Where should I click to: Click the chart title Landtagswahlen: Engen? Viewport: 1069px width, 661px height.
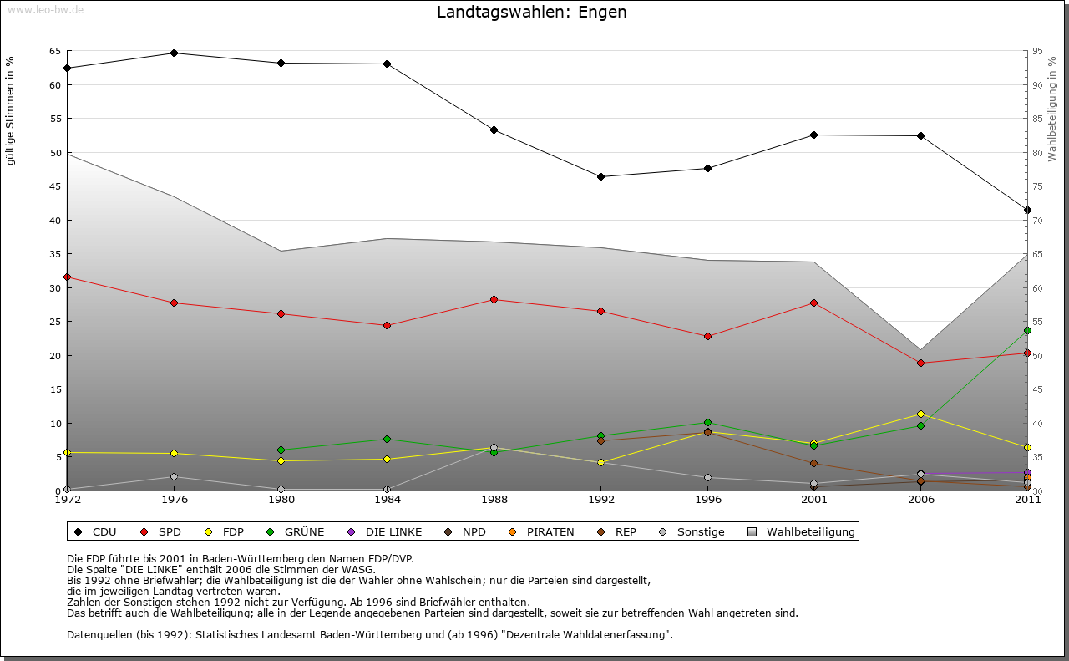point(531,13)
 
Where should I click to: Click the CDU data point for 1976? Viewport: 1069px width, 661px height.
point(174,53)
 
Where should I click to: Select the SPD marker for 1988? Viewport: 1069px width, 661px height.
point(494,299)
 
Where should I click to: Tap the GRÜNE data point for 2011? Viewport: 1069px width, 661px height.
point(1027,330)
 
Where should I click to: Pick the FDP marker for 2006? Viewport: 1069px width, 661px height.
point(920,414)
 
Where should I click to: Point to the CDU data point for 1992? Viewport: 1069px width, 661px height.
point(600,176)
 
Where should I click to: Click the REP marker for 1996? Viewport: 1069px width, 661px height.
point(707,432)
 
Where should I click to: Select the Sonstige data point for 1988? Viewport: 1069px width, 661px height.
point(494,447)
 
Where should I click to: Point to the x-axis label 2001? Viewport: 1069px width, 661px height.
point(813,500)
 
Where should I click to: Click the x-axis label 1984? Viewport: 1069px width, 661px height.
point(387,500)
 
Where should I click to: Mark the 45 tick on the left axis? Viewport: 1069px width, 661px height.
point(55,186)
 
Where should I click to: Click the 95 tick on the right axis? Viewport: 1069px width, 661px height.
point(1037,51)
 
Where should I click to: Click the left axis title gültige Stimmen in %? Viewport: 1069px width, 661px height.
point(11,110)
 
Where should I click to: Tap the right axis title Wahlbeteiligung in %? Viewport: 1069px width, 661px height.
point(1052,109)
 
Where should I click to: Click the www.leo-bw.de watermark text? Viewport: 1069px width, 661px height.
point(45,9)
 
